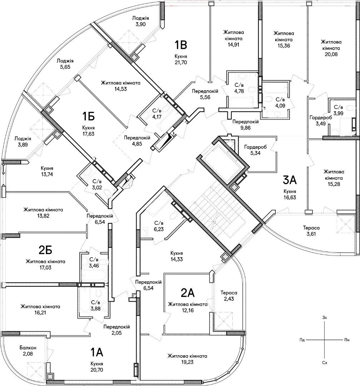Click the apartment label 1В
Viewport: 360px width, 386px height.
(x=181, y=45)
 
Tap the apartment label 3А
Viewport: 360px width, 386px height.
(x=290, y=180)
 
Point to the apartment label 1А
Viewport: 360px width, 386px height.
(x=97, y=352)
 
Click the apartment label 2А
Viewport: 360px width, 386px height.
(x=188, y=293)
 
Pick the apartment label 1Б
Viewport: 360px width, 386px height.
(x=88, y=116)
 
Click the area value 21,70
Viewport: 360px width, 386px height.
(x=181, y=63)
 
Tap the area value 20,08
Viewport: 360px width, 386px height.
(x=331, y=54)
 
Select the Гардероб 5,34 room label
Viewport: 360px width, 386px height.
(x=255, y=150)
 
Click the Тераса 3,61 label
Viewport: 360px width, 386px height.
(x=311, y=231)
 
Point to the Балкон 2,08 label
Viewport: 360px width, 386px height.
(x=28, y=351)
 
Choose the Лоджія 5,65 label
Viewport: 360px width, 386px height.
(x=65, y=64)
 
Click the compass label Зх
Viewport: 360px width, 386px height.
(x=325, y=318)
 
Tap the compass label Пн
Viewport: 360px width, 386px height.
(x=347, y=340)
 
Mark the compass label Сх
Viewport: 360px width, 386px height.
(x=325, y=363)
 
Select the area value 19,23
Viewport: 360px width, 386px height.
(x=187, y=362)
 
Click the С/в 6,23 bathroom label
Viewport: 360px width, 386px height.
(x=159, y=226)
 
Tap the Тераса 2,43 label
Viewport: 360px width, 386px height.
(x=229, y=296)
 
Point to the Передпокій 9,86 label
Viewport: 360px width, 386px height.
(x=246, y=125)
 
